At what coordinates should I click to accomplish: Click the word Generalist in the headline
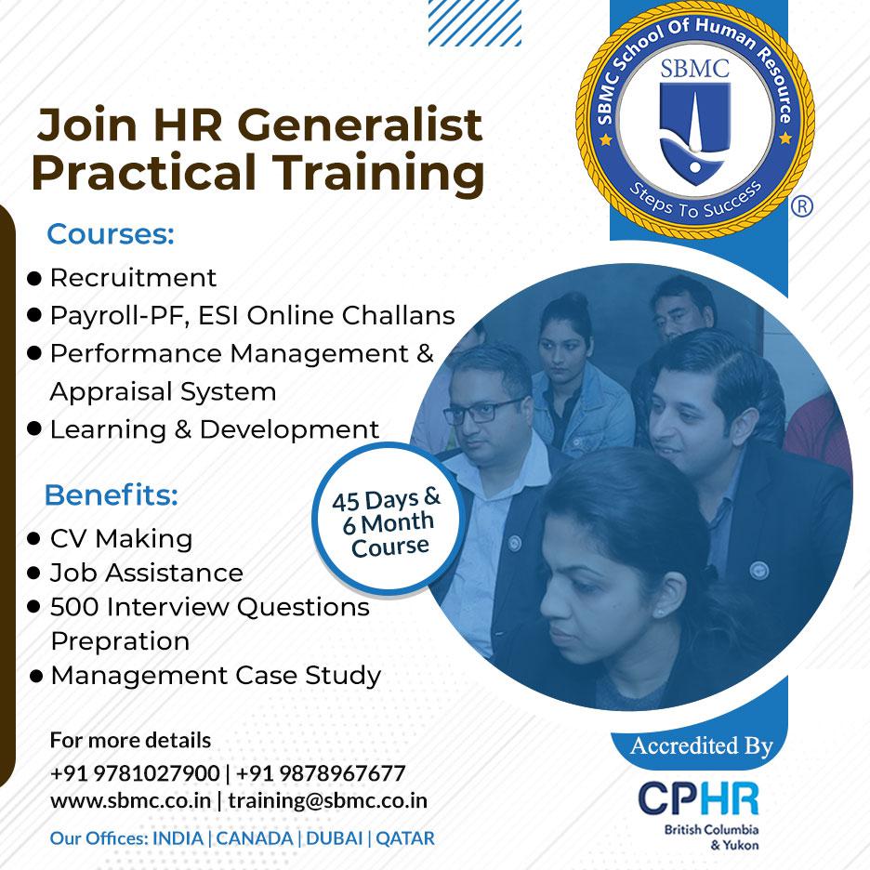coord(360,125)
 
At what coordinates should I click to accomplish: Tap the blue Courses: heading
coord(111,234)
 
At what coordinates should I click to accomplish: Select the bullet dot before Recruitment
coord(34,279)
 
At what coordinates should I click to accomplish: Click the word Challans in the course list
coord(398,316)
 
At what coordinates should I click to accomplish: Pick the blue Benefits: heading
coord(111,494)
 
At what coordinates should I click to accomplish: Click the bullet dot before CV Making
coord(34,539)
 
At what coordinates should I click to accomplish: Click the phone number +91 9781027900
coord(135,773)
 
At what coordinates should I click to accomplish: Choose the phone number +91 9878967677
coord(321,773)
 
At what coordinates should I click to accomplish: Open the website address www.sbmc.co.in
coord(130,800)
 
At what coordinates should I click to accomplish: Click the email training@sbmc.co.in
coord(327,800)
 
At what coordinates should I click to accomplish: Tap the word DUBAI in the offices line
coord(334,838)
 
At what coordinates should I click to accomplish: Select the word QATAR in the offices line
coord(405,838)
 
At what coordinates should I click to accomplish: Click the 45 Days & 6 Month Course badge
coord(388,520)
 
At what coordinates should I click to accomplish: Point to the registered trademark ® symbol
coord(801,206)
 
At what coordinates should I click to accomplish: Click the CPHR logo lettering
coord(699,799)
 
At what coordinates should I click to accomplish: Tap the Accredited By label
coord(702,746)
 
